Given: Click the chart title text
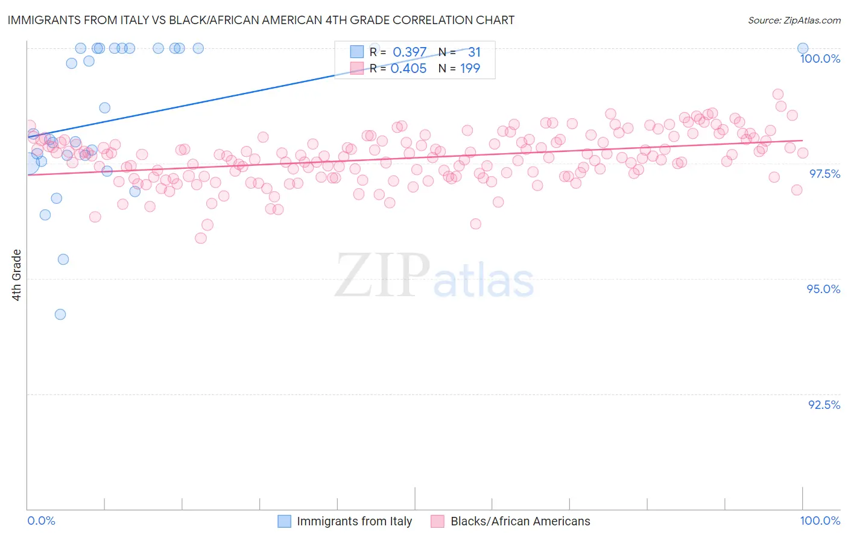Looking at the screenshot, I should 261,20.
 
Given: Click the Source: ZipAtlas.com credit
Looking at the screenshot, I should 794,20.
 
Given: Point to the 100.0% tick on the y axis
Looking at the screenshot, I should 820,59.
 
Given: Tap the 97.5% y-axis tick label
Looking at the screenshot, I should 824,174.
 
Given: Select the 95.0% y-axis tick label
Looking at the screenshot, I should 823,289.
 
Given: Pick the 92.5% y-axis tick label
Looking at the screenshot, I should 824,405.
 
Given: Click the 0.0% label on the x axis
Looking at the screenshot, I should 41,521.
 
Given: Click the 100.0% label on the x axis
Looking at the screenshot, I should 820,521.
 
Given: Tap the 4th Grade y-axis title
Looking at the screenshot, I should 17,275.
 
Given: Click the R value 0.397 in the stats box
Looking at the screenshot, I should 410,52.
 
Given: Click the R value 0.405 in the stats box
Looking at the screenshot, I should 408,69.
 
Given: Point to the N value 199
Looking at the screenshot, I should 470,69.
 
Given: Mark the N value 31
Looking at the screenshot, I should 474,52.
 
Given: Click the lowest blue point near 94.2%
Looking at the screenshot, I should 60,314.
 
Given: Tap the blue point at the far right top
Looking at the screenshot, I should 803,48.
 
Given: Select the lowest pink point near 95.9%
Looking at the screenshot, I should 201,238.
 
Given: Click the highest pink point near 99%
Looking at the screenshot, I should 778,94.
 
